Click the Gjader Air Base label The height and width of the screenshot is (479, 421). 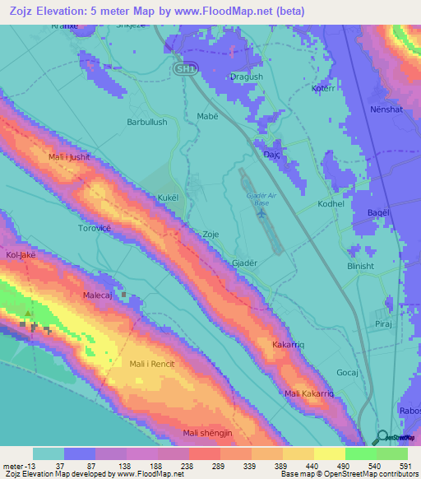257,198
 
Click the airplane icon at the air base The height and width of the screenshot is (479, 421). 261,214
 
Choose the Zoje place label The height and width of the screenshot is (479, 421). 210,235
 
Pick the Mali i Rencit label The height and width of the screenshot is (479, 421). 154,363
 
